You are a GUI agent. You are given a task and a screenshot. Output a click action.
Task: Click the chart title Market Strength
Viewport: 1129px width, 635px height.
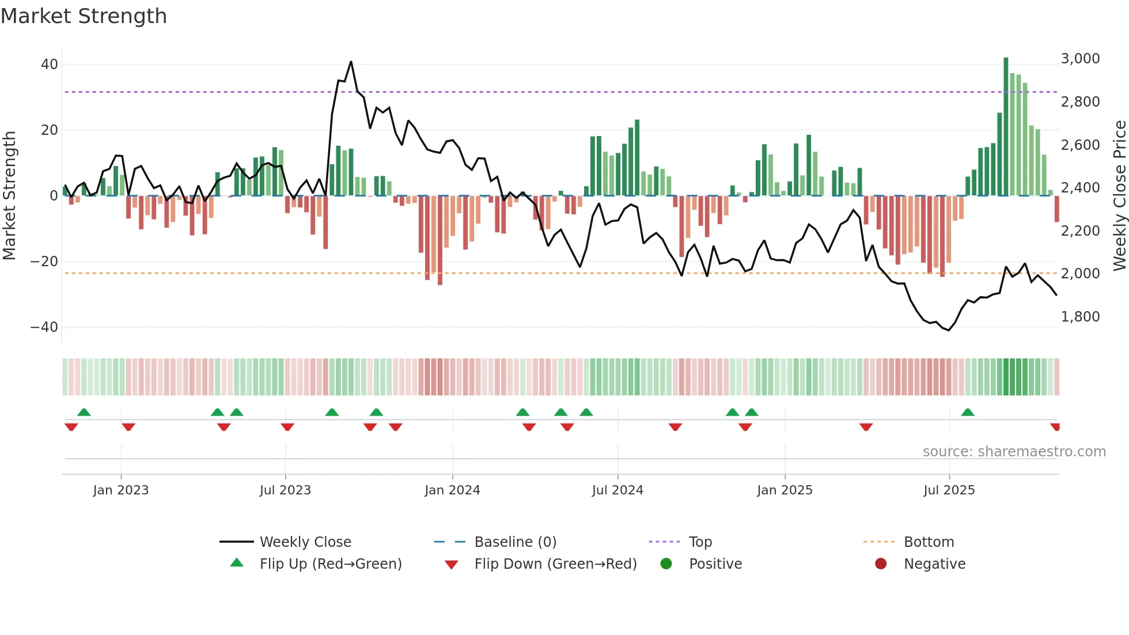point(84,16)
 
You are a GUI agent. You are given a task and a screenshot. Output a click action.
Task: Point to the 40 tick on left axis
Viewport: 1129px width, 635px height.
point(49,65)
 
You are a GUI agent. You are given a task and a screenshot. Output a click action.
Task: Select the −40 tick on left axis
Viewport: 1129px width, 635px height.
point(44,327)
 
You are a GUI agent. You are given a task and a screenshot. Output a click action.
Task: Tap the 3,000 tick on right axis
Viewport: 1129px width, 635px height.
point(1080,59)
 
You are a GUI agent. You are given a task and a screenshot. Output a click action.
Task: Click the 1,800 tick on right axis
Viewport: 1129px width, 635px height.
point(1080,317)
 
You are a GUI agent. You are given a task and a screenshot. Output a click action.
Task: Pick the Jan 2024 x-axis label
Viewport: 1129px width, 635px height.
point(452,490)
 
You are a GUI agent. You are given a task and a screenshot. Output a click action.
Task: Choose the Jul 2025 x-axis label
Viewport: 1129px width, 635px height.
point(949,490)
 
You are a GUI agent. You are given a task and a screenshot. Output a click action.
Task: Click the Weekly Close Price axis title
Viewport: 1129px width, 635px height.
point(1119,196)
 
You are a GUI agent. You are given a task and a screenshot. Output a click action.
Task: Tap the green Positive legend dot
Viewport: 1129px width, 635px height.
point(666,564)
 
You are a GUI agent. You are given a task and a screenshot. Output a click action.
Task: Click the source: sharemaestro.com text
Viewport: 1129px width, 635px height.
point(1014,452)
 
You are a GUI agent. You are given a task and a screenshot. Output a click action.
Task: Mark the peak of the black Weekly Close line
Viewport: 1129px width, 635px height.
point(351,62)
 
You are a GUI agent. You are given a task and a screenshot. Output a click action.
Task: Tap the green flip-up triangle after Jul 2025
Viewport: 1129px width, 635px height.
point(968,412)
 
